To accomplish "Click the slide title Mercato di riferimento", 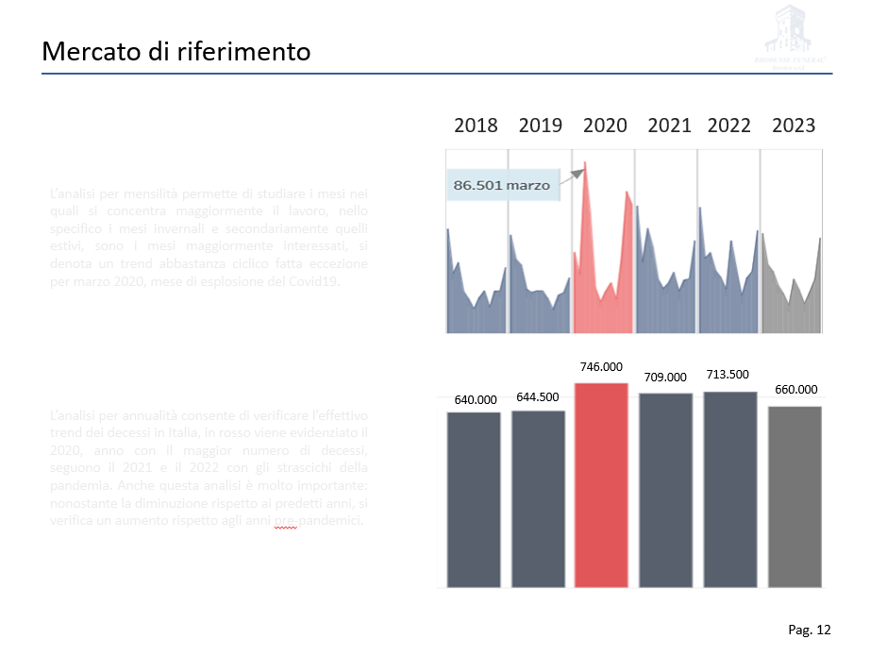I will coord(176,51).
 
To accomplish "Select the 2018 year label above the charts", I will coord(476,126).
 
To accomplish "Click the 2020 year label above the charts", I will coord(605,126).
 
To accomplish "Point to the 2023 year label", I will coord(794,126).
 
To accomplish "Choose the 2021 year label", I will coord(669,126).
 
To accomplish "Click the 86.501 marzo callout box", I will coord(502,186).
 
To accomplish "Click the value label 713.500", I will coord(728,375).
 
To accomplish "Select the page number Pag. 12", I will coord(810,630).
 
